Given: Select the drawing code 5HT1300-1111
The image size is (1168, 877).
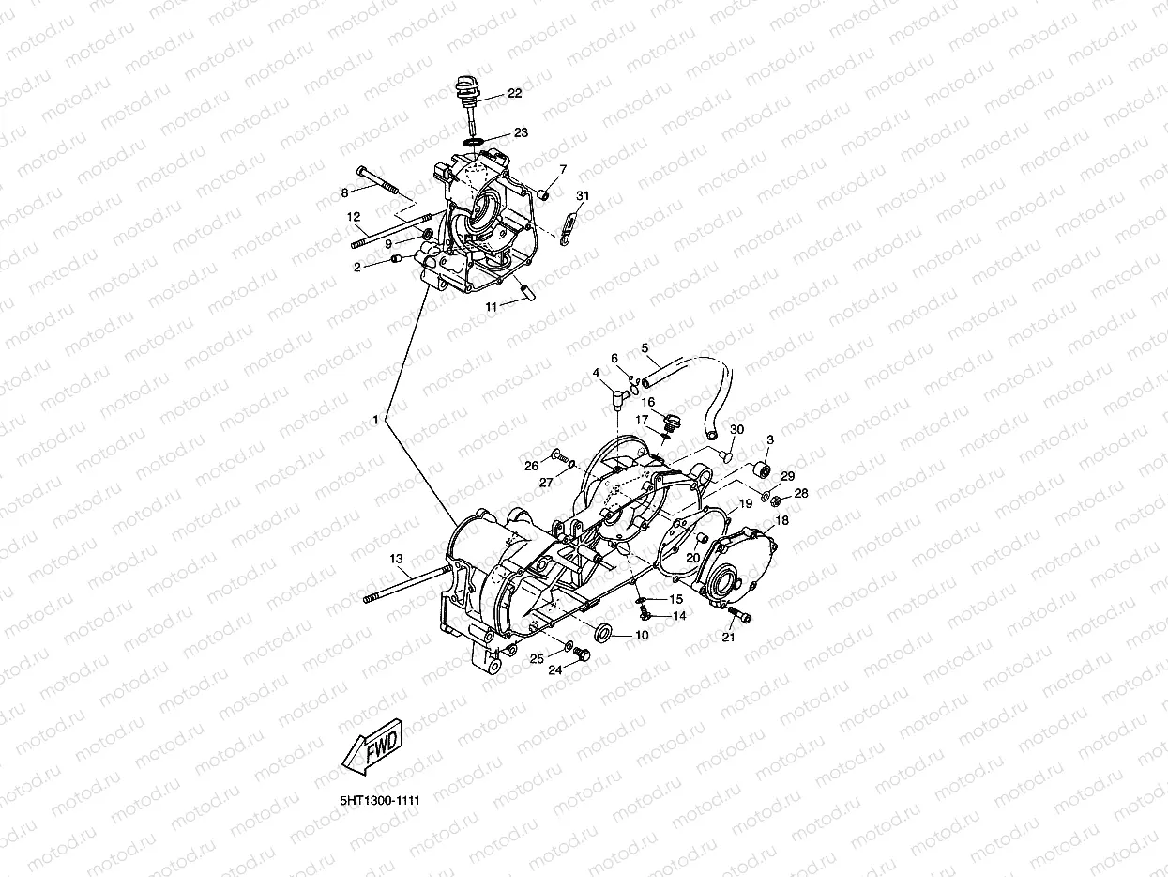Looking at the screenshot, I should click(x=379, y=800).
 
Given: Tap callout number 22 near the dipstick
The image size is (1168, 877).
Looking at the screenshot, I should click(x=515, y=93).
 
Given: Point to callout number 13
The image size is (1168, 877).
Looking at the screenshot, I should click(x=395, y=559).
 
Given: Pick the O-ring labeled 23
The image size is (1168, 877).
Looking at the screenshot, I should click(x=474, y=141).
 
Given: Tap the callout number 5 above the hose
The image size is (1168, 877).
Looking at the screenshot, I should click(x=645, y=348).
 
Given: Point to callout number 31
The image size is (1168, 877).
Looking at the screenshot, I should click(x=583, y=195).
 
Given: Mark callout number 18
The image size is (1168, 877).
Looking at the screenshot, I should click(x=781, y=520).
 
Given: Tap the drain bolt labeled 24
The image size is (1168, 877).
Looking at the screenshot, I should click(x=582, y=654).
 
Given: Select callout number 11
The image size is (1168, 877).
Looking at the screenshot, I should click(x=491, y=306).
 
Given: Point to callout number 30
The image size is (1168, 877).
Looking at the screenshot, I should click(x=736, y=429).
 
